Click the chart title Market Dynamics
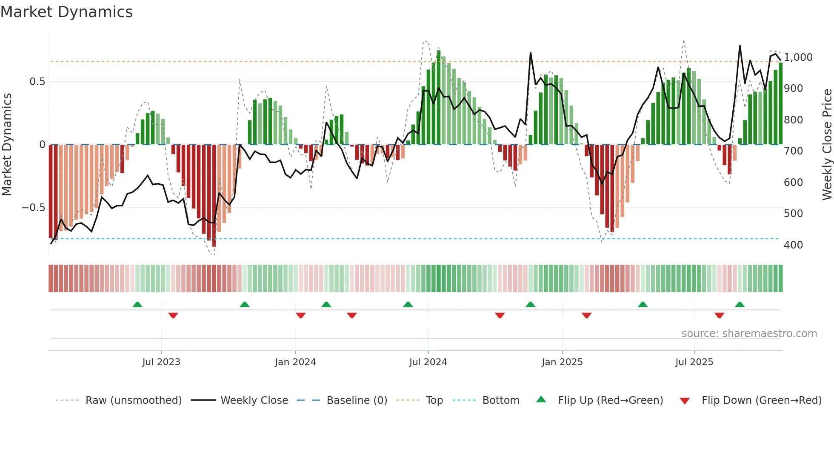point(66,12)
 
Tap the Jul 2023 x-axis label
point(161,362)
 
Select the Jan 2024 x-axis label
point(295,362)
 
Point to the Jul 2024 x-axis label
point(428,362)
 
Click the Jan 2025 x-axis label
point(562,362)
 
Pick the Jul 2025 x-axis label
point(694,362)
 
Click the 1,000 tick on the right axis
point(798,57)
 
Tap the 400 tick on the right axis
point(793,245)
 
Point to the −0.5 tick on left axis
point(33,208)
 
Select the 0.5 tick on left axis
point(37,82)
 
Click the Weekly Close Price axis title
point(827,144)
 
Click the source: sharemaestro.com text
point(749,334)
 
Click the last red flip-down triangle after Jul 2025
point(719,315)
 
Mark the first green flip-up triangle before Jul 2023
point(137,305)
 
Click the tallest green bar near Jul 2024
point(439,98)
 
